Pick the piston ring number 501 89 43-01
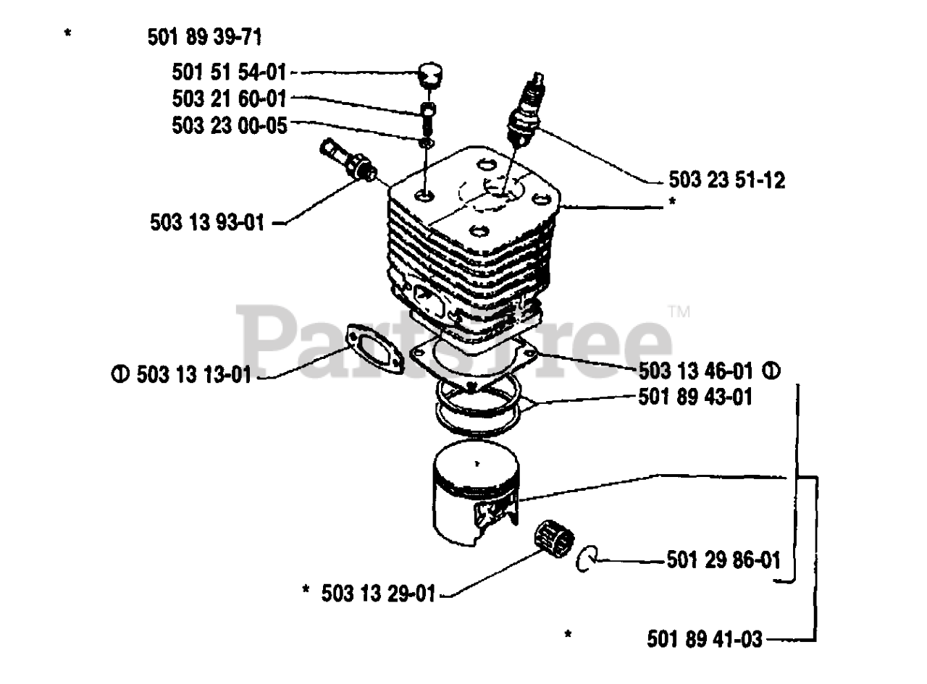(x=695, y=397)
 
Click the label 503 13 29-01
(x=379, y=594)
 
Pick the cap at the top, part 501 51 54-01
(x=432, y=75)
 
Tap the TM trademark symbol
(x=679, y=313)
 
